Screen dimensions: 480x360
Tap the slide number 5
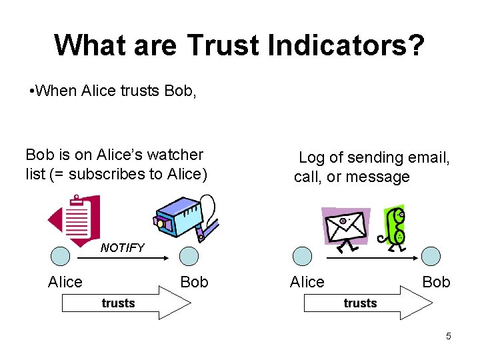click(449, 336)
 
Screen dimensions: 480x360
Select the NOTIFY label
click(122, 248)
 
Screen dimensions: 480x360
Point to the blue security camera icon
click(185, 217)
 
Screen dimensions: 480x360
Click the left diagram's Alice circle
click(61, 256)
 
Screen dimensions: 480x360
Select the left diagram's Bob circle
click(189, 256)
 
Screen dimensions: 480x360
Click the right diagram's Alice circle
click(303, 256)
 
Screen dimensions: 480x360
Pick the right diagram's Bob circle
click(431, 256)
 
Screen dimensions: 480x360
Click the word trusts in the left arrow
click(118, 303)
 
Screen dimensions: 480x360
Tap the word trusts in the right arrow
click(360, 303)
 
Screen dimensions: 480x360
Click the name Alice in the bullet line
click(99, 91)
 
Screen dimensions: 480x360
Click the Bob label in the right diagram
click(436, 282)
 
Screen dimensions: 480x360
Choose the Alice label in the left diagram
click(65, 282)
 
